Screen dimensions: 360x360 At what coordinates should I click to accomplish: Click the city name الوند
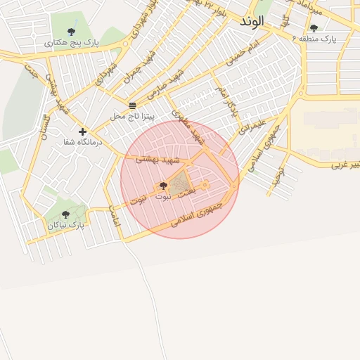click(x=251, y=22)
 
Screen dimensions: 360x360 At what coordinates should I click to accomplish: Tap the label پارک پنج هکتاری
click(x=72, y=43)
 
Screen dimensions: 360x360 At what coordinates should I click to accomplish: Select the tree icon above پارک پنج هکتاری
click(x=71, y=32)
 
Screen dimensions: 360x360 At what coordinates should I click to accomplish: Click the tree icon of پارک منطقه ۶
click(x=314, y=28)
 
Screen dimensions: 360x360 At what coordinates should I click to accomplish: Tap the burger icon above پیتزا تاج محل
click(x=133, y=105)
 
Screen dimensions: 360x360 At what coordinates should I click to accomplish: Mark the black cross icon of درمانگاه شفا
click(x=82, y=131)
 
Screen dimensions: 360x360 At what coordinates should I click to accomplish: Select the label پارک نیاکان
click(x=66, y=226)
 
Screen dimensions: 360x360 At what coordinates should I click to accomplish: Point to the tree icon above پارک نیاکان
click(x=65, y=214)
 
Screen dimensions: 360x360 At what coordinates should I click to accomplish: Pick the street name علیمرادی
click(x=252, y=127)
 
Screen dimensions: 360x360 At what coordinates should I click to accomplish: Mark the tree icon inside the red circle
click(x=163, y=186)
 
